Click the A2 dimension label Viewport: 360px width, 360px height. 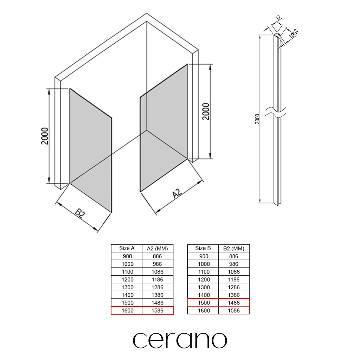click(x=177, y=193)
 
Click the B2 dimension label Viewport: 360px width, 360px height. click(x=80, y=213)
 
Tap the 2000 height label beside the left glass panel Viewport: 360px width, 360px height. click(x=45, y=136)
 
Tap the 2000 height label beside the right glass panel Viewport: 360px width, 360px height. click(x=206, y=111)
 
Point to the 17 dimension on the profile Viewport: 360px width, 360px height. click(x=278, y=18)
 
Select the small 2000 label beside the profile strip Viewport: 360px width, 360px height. click(x=257, y=119)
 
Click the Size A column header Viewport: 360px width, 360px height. click(x=127, y=248)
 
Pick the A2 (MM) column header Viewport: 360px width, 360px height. click(x=157, y=249)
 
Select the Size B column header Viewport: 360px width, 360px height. click(x=203, y=248)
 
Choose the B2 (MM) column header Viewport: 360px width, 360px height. click(x=234, y=249)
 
